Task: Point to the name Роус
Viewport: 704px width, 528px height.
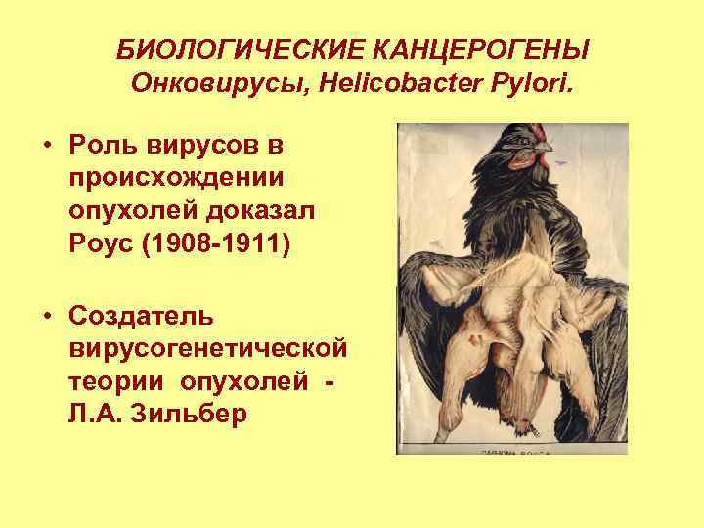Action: click(x=102, y=241)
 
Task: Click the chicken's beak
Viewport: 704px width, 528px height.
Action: click(x=544, y=147)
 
